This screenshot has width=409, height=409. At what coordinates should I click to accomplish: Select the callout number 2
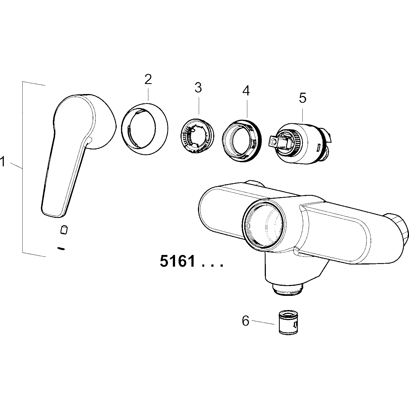pos(148,79)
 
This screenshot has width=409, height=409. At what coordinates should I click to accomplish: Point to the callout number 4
pos(246,91)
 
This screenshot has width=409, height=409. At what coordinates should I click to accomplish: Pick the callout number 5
pos(303,98)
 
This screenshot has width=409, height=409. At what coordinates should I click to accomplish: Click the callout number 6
pos(246,321)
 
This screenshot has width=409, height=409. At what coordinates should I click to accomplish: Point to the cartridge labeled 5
pos(301,143)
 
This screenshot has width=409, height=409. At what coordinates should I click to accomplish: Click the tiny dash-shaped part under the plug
pos(61,248)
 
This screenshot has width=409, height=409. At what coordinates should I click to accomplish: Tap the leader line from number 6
pos(263,322)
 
